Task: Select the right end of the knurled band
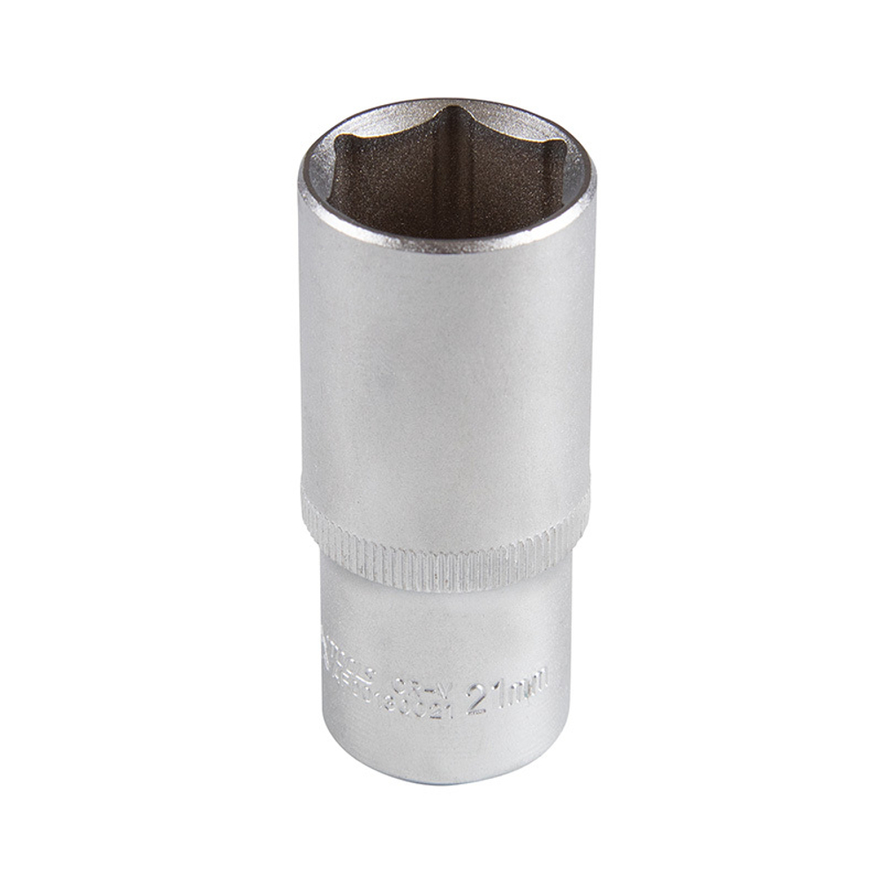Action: [x=582, y=520]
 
